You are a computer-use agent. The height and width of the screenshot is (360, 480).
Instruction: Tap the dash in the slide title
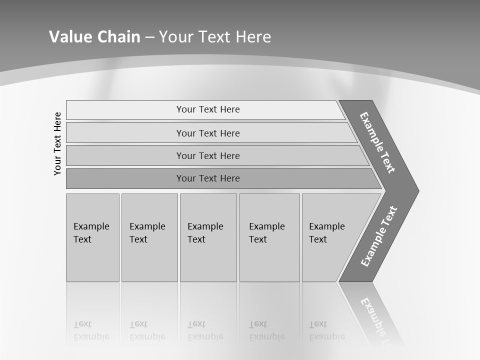point(149,37)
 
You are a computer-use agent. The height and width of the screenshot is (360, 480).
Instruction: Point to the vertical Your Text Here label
point(57,143)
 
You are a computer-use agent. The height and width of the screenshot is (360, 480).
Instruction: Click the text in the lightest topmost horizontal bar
point(208,109)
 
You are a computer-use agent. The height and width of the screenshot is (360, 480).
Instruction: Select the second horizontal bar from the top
point(208,133)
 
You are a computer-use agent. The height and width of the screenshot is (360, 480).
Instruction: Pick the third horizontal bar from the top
point(208,155)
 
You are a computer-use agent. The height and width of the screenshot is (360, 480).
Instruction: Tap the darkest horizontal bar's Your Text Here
point(208,178)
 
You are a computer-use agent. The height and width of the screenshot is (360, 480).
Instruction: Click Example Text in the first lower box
point(91,233)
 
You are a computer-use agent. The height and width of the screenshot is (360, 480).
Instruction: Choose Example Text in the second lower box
point(147,233)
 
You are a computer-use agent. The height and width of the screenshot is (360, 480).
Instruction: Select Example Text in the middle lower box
point(205,233)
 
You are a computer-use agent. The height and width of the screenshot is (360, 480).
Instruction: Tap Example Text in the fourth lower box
point(266,233)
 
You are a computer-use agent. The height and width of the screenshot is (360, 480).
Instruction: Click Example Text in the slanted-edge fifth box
point(326,233)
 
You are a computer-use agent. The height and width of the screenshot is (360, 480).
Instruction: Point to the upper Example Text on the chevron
point(377,142)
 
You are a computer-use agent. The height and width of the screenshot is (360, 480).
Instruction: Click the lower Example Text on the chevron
point(378,236)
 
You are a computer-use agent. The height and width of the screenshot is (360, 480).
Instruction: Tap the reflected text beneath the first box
point(91,330)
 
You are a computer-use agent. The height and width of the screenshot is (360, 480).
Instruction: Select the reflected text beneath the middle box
point(205,330)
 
